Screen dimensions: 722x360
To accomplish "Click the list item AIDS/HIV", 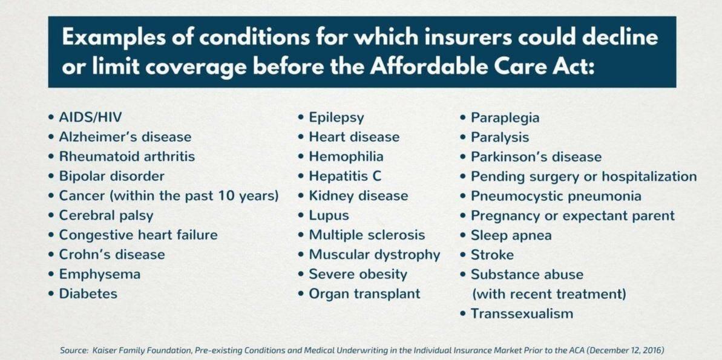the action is coord(90,117).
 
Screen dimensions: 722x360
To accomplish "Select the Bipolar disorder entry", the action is coord(111,176).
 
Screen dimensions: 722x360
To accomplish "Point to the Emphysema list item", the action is coord(99,275).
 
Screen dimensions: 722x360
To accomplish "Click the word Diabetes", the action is coord(88,293).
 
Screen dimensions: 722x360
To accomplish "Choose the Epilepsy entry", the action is coord(336,118).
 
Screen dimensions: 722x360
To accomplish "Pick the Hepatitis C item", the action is coord(345,177).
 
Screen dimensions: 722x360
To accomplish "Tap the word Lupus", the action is coord(329,216).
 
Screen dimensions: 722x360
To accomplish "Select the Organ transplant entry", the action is coord(364,294).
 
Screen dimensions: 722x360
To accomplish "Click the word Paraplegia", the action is coord(505,118).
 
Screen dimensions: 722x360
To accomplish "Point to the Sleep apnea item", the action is coord(511,236).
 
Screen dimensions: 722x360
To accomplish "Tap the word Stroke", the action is coord(492,255).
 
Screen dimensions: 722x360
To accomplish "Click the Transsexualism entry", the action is coord(522,314).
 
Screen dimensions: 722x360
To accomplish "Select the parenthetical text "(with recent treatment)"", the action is coord(549,294).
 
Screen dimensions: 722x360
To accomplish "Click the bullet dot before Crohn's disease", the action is coord(51,255).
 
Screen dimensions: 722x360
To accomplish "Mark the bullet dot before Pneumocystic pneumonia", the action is coord(462,196).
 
